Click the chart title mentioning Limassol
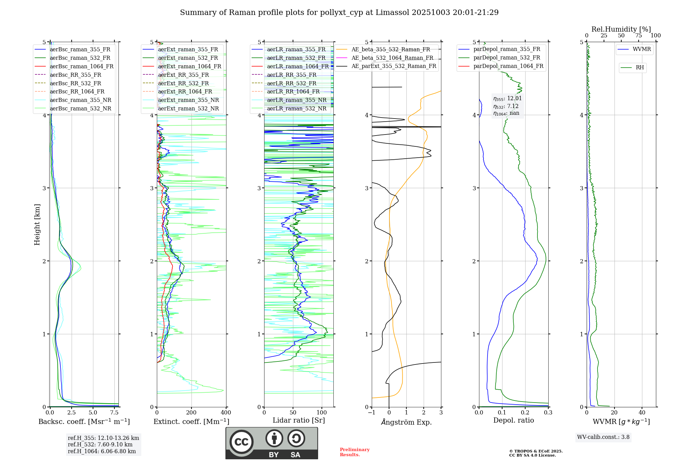339,13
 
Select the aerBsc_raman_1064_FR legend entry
81,66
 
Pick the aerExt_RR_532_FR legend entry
183,83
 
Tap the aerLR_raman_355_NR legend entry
296,100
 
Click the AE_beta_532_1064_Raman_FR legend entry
392,58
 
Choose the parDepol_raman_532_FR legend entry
507,58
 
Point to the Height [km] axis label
37,225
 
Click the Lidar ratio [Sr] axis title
298,420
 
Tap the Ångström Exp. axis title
406,422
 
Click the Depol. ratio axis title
513,420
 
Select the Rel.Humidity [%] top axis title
621,29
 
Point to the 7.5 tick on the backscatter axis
114,413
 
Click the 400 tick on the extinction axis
226,413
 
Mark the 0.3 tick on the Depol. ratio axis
548,413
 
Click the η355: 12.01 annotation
507,99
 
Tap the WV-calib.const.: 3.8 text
603,437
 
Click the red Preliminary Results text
354,452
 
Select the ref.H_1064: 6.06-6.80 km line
102,451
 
